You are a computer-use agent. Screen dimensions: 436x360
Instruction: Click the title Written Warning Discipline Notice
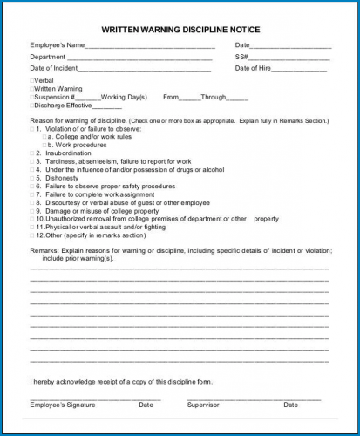(180, 30)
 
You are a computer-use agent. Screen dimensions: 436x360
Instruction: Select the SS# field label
(241, 57)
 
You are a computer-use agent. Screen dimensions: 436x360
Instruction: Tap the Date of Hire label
(254, 68)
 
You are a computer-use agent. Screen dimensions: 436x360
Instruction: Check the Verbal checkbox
(32, 80)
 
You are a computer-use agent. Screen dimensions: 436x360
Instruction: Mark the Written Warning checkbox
(32, 89)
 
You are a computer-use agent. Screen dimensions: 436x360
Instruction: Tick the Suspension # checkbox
(32, 97)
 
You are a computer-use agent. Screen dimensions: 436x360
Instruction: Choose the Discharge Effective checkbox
(32, 106)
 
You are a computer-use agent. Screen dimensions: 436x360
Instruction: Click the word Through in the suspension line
(214, 97)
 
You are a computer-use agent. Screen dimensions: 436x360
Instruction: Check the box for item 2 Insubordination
(32, 153)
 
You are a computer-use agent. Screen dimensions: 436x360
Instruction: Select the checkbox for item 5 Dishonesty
(32, 178)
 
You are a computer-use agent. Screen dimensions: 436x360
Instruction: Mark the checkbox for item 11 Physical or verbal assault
(32, 227)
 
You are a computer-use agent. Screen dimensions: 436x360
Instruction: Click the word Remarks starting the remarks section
(44, 250)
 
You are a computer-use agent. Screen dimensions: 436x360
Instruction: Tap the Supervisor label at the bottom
(203, 405)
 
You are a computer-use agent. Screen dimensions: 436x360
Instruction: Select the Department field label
(48, 57)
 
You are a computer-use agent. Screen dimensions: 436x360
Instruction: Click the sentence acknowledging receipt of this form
(120, 382)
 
